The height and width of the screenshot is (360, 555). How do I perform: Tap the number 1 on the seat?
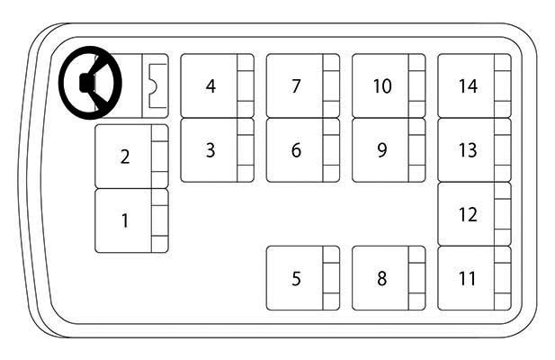(x=125, y=220)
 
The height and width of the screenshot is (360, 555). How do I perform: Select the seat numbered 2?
(x=131, y=156)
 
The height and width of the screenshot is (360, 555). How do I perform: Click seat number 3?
(x=218, y=150)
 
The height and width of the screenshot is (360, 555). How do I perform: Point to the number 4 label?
(x=211, y=86)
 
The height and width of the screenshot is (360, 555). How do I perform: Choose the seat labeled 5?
(x=303, y=278)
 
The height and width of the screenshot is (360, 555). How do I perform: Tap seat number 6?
(x=303, y=150)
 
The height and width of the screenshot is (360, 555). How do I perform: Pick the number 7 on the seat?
(x=297, y=86)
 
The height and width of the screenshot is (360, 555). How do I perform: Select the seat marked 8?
(x=389, y=278)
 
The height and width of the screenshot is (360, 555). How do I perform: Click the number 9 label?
(x=382, y=150)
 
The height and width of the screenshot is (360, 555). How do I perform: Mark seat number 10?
(x=389, y=85)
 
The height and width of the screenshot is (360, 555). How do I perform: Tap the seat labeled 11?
(x=475, y=278)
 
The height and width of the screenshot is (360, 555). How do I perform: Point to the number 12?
(x=468, y=214)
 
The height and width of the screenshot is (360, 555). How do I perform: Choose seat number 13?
(x=475, y=150)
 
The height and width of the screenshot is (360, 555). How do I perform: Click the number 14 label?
(x=468, y=86)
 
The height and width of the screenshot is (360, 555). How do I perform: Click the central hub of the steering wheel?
(x=87, y=83)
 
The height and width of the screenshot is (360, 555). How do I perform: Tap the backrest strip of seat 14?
(x=503, y=85)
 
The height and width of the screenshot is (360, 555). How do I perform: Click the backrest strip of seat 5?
(x=331, y=278)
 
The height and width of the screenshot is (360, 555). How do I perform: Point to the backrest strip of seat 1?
(x=160, y=220)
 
